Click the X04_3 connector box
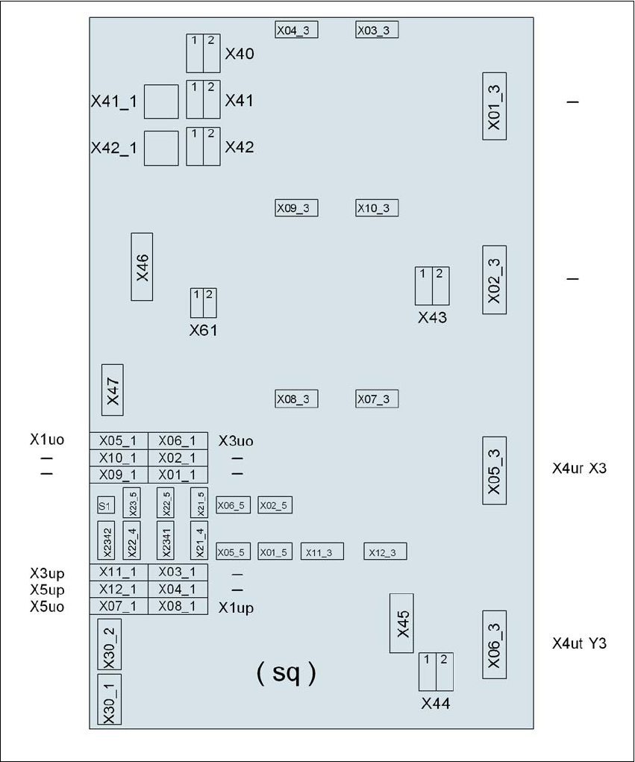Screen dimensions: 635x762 [x=296, y=30]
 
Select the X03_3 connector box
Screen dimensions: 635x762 [x=377, y=30]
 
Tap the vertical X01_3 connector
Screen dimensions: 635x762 [x=494, y=107]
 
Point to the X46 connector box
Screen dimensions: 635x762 [x=142, y=266]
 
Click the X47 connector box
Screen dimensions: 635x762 [x=112, y=390]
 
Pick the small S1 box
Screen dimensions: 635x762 [x=105, y=505]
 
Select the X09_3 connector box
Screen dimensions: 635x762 [x=296, y=208]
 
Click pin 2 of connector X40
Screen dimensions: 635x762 [x=212, y=54]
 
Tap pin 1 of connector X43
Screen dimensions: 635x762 [x=424, y=286]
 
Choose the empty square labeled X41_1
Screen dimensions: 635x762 [x=161, y=102]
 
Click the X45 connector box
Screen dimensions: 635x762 [x=401, y=623]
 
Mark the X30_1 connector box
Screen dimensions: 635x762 [x=109, y=699]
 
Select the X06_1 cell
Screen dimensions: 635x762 [x=178, y=441]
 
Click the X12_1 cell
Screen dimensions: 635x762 [x=119, y=590]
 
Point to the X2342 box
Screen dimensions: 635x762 [x=106, y=541]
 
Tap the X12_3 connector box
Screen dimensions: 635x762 [x=385, y=552]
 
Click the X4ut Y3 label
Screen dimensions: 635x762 [x=579, y=643]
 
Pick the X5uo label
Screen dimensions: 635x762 [x=47, y=607]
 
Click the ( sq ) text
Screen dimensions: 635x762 [x=287, y=673]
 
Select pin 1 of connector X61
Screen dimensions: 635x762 [x=197, y=303]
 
